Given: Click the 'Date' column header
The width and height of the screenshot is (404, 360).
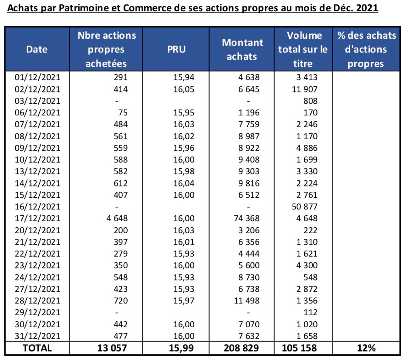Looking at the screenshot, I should (x=37, y=49).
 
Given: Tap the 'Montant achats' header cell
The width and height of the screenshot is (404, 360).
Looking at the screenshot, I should (x=242, y=49).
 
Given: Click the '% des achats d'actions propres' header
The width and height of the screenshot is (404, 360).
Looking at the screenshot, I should (x=366, y=49).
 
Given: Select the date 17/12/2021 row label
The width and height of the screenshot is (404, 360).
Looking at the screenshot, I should (x=37, y=218).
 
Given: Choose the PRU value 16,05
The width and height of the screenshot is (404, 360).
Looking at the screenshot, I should (x=183, y=89).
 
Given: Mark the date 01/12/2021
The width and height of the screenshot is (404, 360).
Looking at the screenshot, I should (x=37, y=77).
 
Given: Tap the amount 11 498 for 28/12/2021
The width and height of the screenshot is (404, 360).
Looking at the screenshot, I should (x=248, y=301).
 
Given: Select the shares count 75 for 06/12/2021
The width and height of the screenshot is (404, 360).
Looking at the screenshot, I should (x=121, y=113).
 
